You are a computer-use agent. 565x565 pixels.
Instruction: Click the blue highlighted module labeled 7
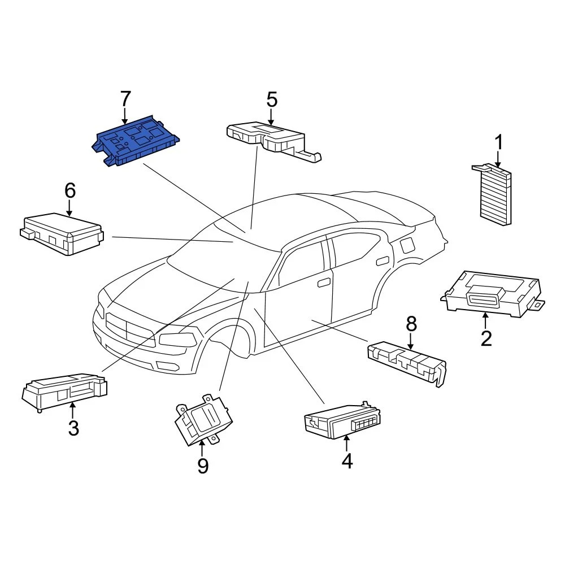(x=136, y=141)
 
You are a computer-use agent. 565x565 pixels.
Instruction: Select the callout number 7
(x=125, y=99)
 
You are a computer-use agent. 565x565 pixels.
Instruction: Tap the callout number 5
(x=272, y=100)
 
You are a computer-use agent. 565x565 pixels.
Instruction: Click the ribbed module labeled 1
(x=496, y=195)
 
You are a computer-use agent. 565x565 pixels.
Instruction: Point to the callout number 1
(x=498, y=142)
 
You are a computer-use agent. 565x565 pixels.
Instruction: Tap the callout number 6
(x=69, y=191)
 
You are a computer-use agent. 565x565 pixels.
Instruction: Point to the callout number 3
(x=73, y=428)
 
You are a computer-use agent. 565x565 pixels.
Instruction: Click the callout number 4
(x=347, y=461)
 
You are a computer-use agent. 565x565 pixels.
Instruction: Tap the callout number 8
(x=411, y=324)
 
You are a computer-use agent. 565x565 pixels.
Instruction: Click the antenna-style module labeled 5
(x=271, y=138)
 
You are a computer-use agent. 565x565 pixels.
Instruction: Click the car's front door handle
(x=324, y=282)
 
